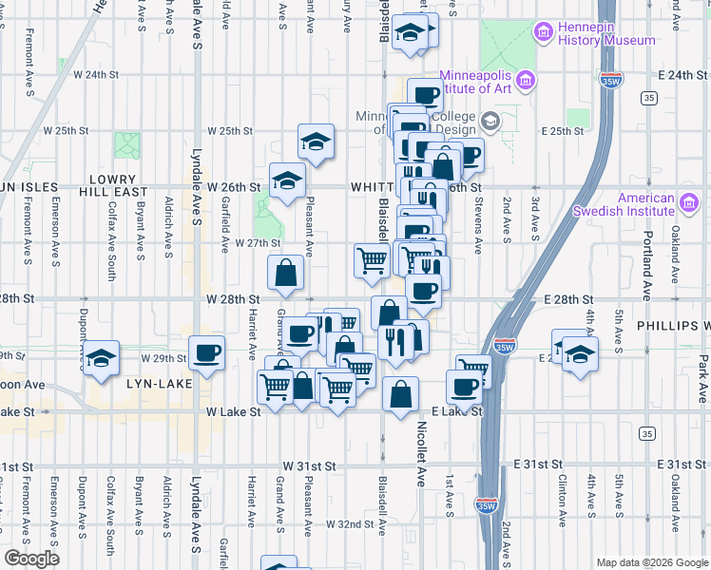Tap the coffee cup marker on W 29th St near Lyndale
[206, 353]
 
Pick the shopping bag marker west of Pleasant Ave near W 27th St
[286, 274]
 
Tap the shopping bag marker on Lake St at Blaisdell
[401, 394]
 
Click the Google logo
[30, 559]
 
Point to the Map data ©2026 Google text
[651, 562]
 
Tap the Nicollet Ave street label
[419, 476]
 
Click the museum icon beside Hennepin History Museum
[544, 34]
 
